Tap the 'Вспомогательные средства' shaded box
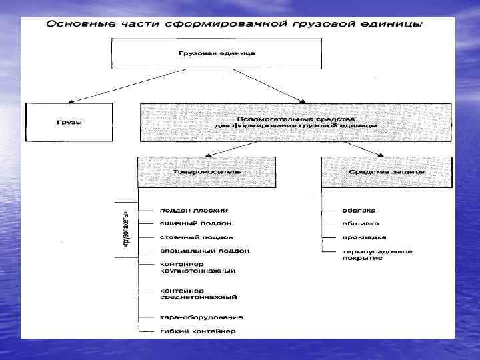295,121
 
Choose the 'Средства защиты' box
387,172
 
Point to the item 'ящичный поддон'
195,223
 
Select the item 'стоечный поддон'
196,237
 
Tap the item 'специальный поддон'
204,251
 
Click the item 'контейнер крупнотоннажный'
197,268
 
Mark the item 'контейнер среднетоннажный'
199,293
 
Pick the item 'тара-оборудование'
201,317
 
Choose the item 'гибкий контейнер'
197,331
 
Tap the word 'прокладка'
364,237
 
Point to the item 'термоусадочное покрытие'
377,255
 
